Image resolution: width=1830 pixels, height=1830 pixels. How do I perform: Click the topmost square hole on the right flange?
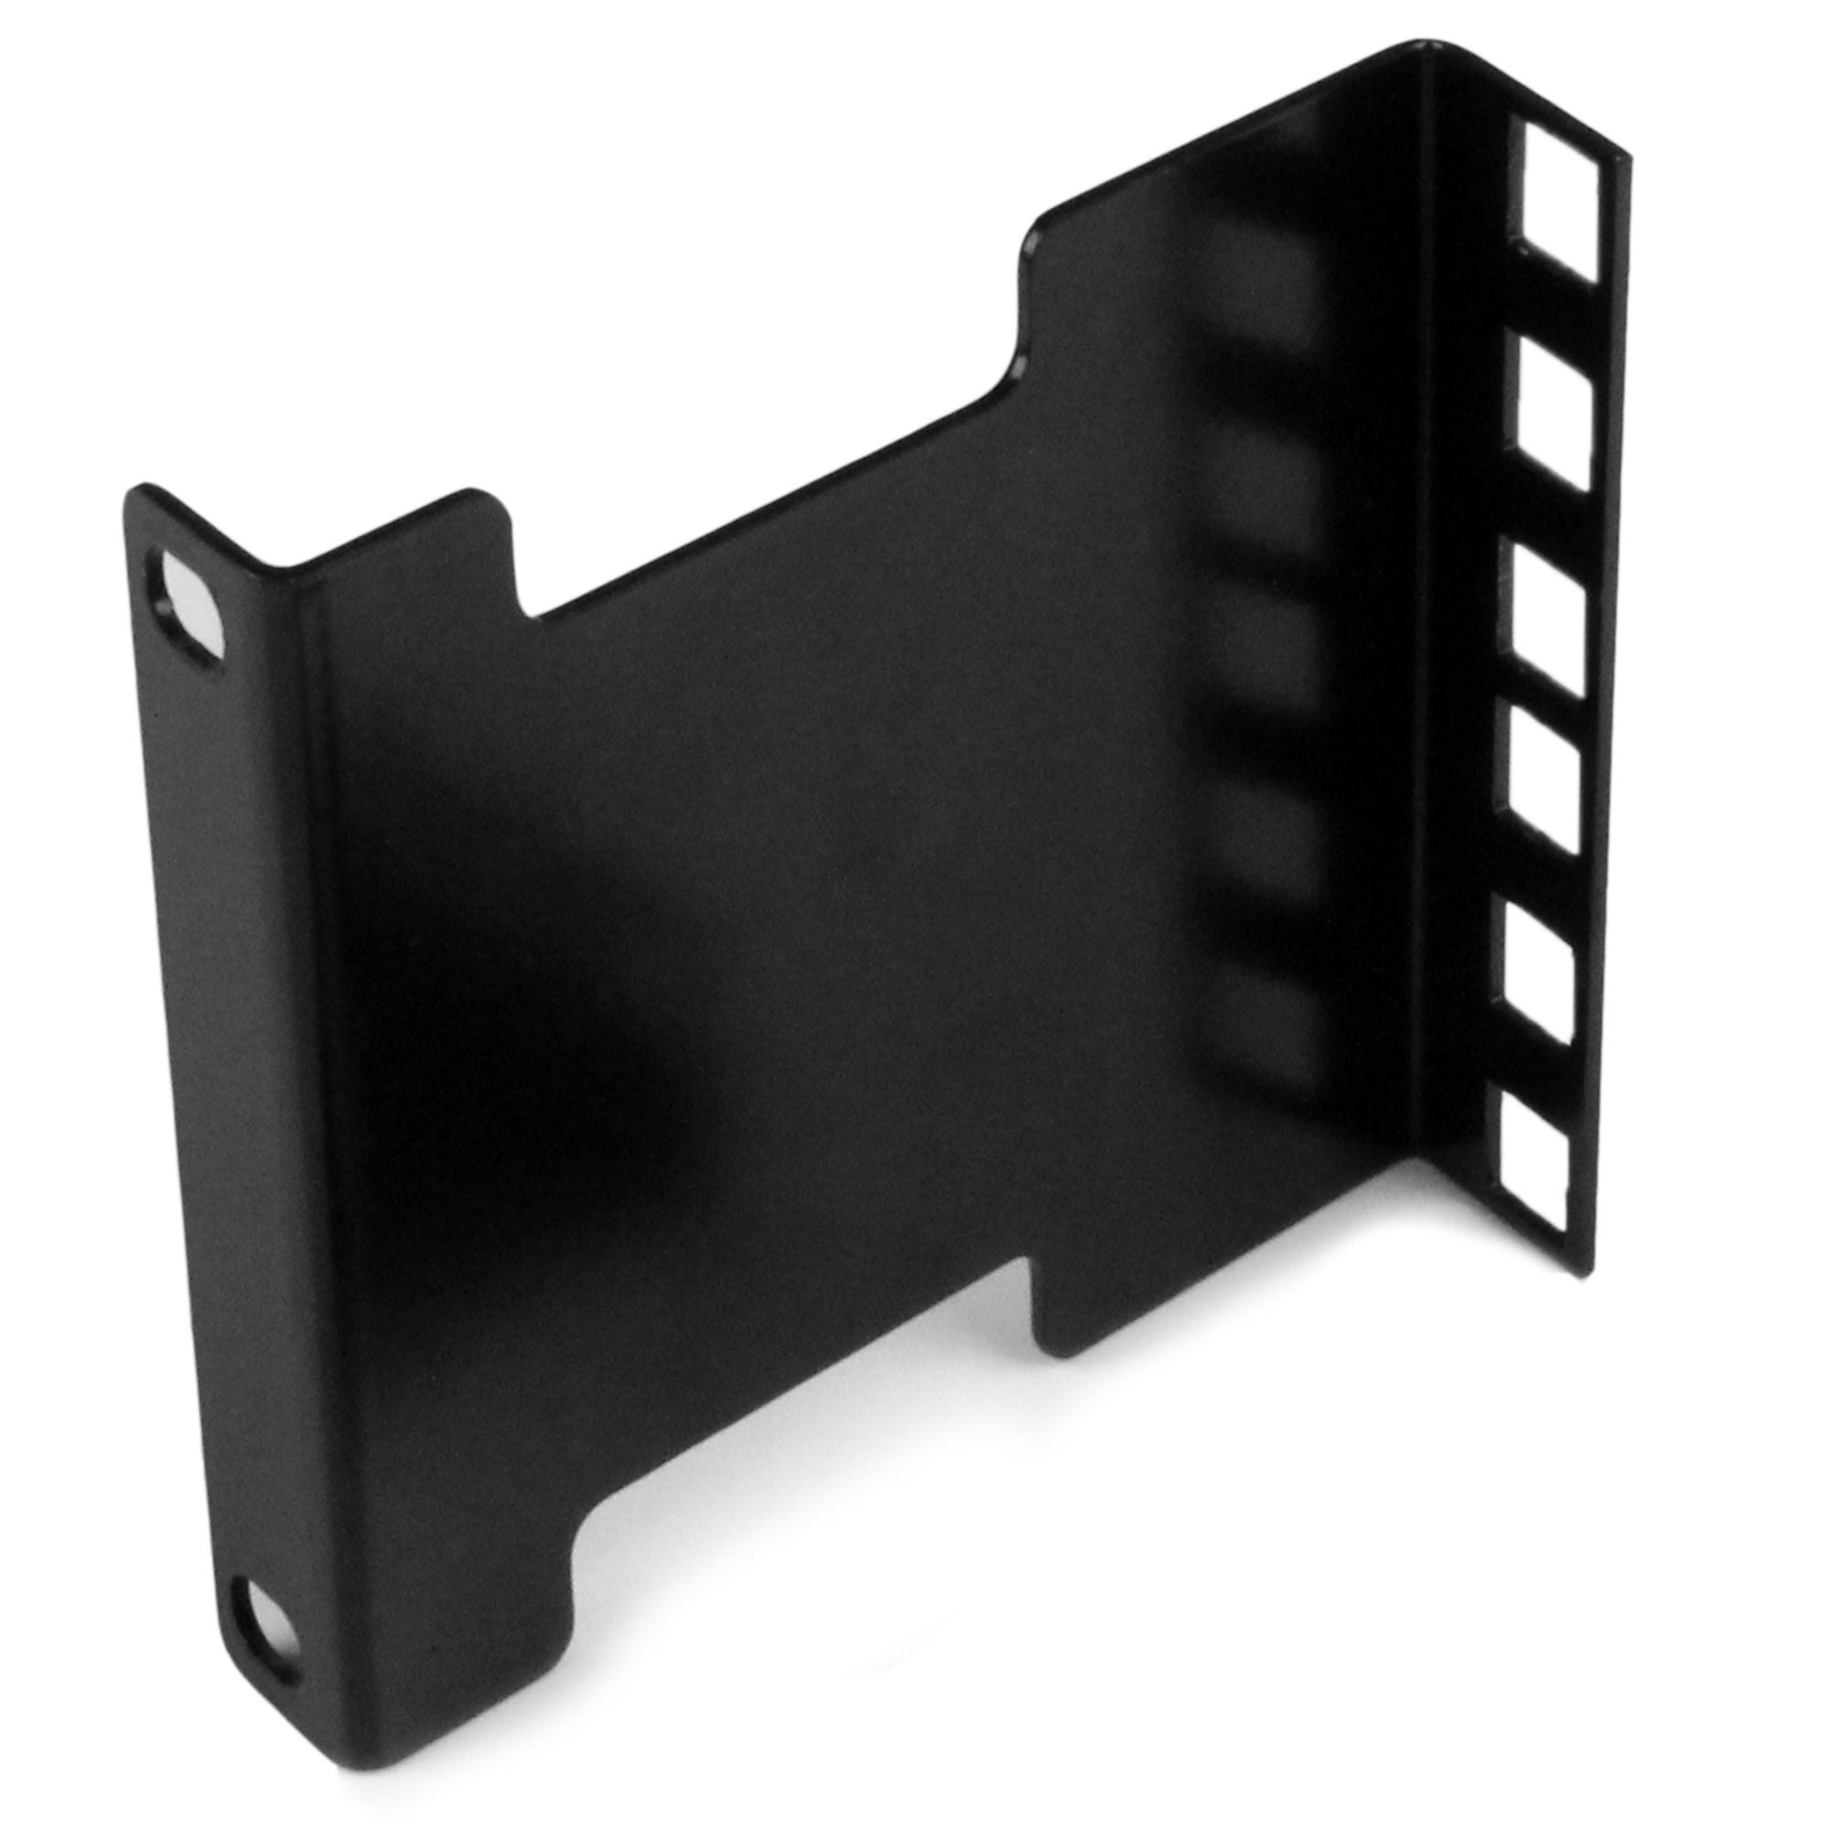(1559, 205)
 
